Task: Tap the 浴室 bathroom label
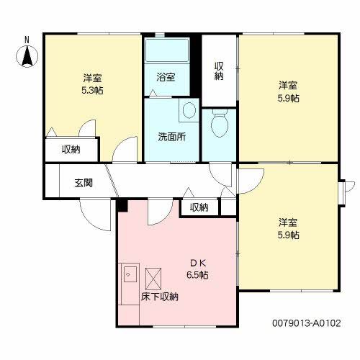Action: tap(166, 77)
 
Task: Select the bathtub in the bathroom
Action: tap(166, 53)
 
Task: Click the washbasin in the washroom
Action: tap(188, 110)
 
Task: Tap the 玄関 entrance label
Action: tap(83, 183)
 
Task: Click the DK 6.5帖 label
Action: tap(199, 268)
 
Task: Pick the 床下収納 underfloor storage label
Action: tap(159, 296)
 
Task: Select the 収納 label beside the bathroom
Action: tap(219, 72)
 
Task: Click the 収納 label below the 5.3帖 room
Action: tap(71, 150)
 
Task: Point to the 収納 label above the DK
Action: tap(199, 207)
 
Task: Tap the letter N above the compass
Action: tap(27, 39)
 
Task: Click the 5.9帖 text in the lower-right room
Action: tap(289, 235)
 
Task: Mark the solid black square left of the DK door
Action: tap(122, 206)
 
